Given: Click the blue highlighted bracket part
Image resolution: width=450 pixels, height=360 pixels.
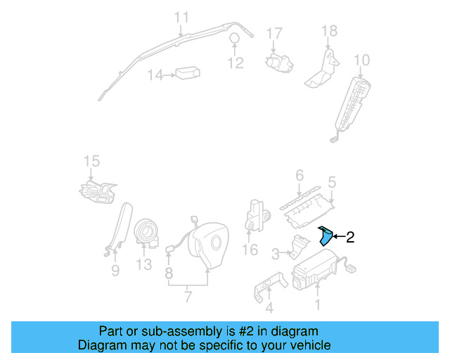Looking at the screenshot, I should click(x=326, y=236).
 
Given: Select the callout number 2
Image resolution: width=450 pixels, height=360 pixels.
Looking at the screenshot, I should click(x=350, y=238).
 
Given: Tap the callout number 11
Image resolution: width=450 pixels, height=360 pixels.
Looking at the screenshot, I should click(x=181, y=17).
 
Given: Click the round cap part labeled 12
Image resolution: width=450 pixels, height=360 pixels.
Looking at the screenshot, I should click(x=235, y=39).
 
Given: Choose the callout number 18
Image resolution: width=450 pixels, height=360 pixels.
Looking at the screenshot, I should click(x=329, y=31).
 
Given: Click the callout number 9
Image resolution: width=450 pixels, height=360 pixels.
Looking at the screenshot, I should click(x=115, y=270).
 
